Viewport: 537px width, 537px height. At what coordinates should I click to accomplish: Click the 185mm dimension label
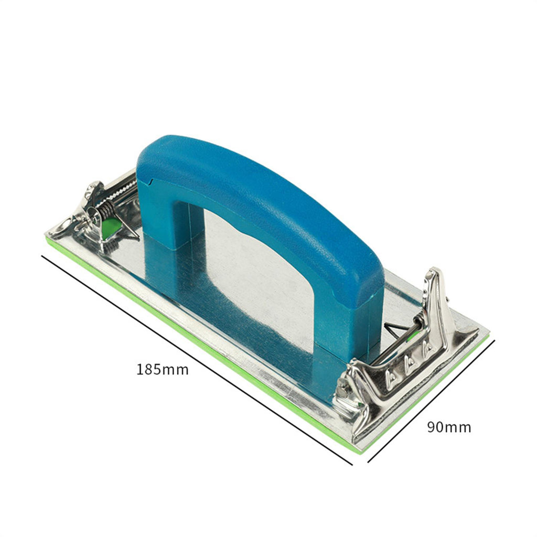pyautogui.click(x=163, y=370)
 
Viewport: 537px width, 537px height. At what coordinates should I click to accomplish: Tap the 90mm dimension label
pyautogui.click(x=449, y=427)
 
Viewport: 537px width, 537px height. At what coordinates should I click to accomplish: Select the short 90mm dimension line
pyautogui.click(x=432, y=401)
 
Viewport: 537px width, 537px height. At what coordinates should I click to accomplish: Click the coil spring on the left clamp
pyautogui.click(x=107, y=209)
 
